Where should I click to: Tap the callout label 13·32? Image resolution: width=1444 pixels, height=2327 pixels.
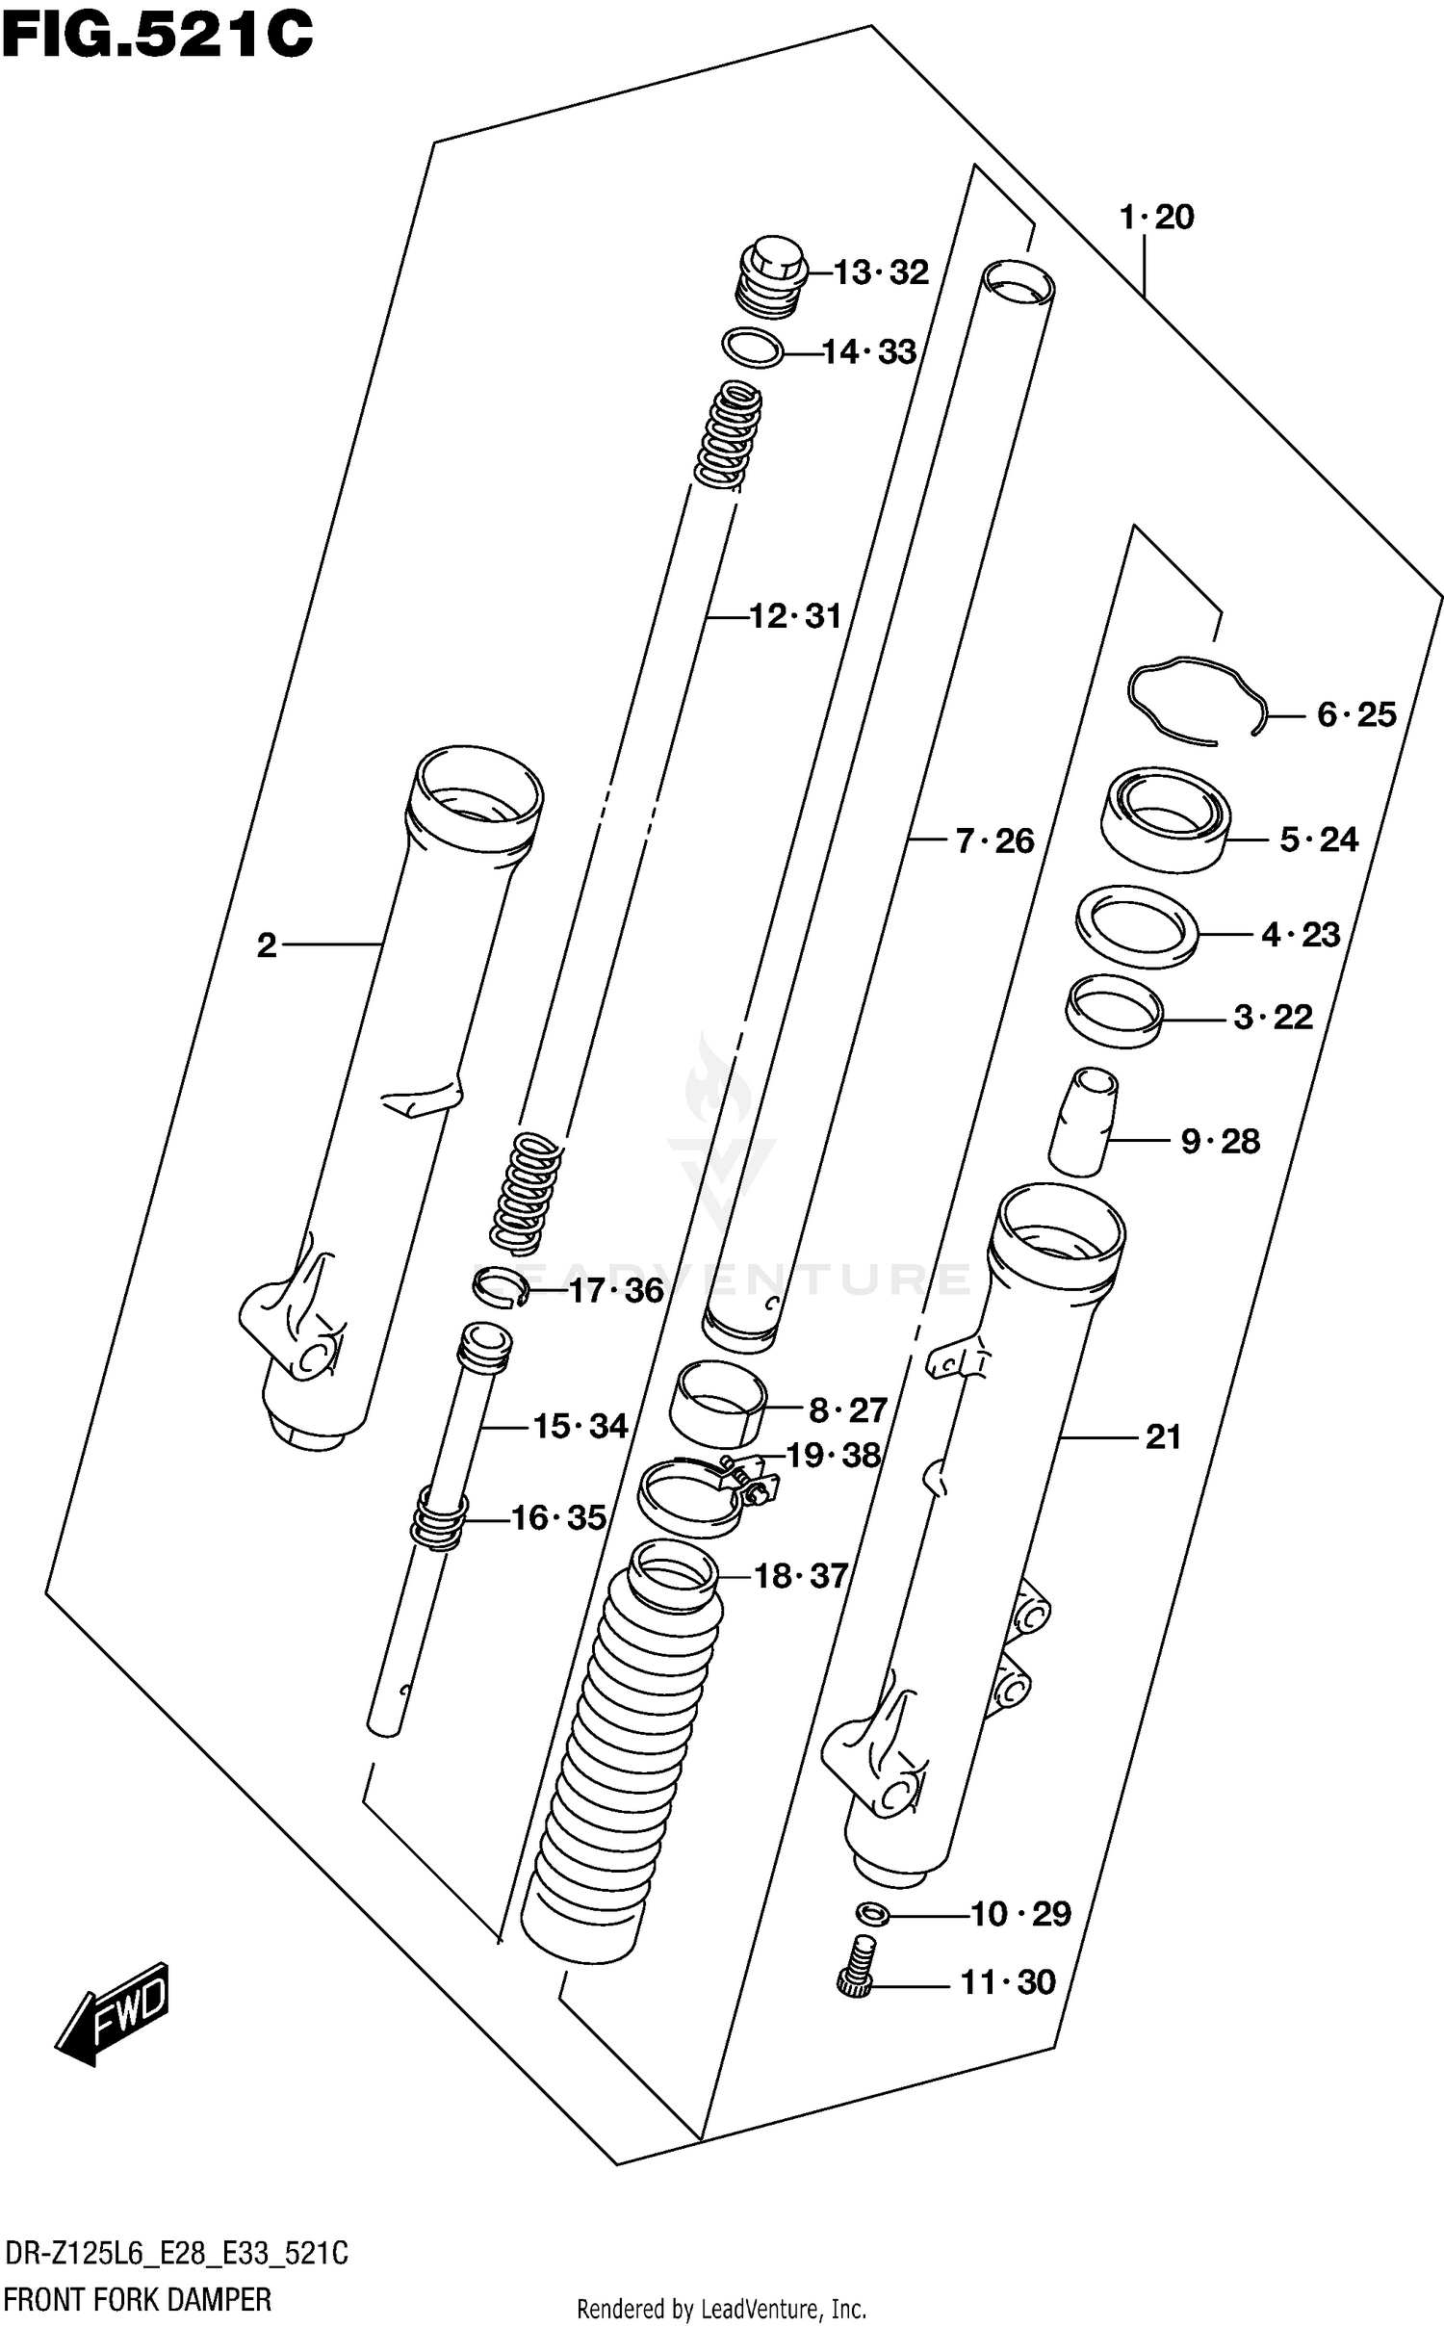880,272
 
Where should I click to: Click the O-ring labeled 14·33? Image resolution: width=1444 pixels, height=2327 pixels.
752,348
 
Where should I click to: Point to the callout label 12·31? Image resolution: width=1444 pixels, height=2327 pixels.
794,615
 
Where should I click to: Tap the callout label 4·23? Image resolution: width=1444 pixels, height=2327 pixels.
1300,934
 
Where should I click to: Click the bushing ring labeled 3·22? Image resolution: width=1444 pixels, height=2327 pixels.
1114,1010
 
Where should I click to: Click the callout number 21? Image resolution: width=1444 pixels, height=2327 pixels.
1163,1437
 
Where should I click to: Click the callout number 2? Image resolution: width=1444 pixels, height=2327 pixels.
267,945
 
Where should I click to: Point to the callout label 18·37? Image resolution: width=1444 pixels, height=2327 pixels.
800,1576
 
